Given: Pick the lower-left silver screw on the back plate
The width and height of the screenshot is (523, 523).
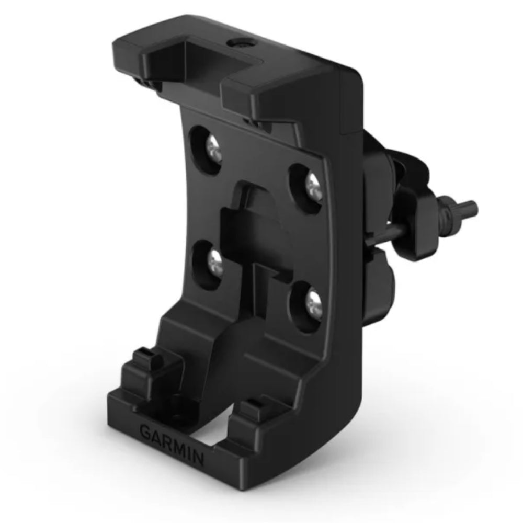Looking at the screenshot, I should pos(214,259).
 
